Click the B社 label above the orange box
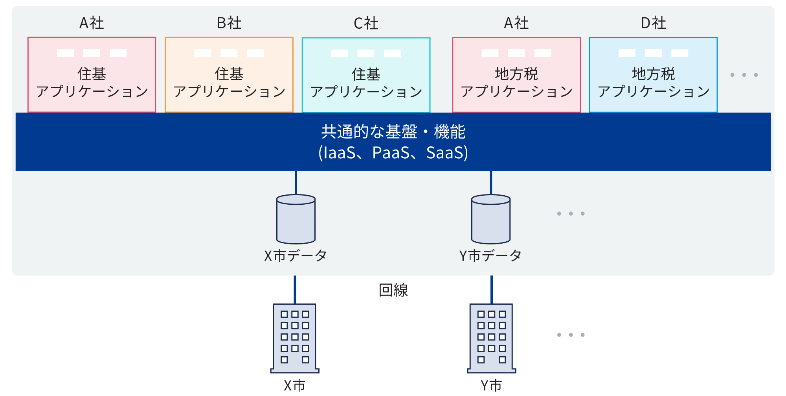[229, 23]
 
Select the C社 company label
[366, 23]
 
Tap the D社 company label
[653, 23]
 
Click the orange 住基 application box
[229, 75]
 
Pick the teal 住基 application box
[366, 75]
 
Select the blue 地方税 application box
[653, 75]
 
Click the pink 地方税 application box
[516, 75]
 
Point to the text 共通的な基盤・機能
[393, 132]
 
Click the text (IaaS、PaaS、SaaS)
[393, 153]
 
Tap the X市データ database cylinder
[296, 219]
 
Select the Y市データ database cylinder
[491, 219]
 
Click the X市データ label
[296, 256]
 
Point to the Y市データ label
[490, 256]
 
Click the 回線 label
[393, 291]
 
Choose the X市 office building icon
[295, 338]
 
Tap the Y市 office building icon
[491, 338]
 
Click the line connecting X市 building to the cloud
[295, 289]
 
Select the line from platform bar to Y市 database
[491, 183]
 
